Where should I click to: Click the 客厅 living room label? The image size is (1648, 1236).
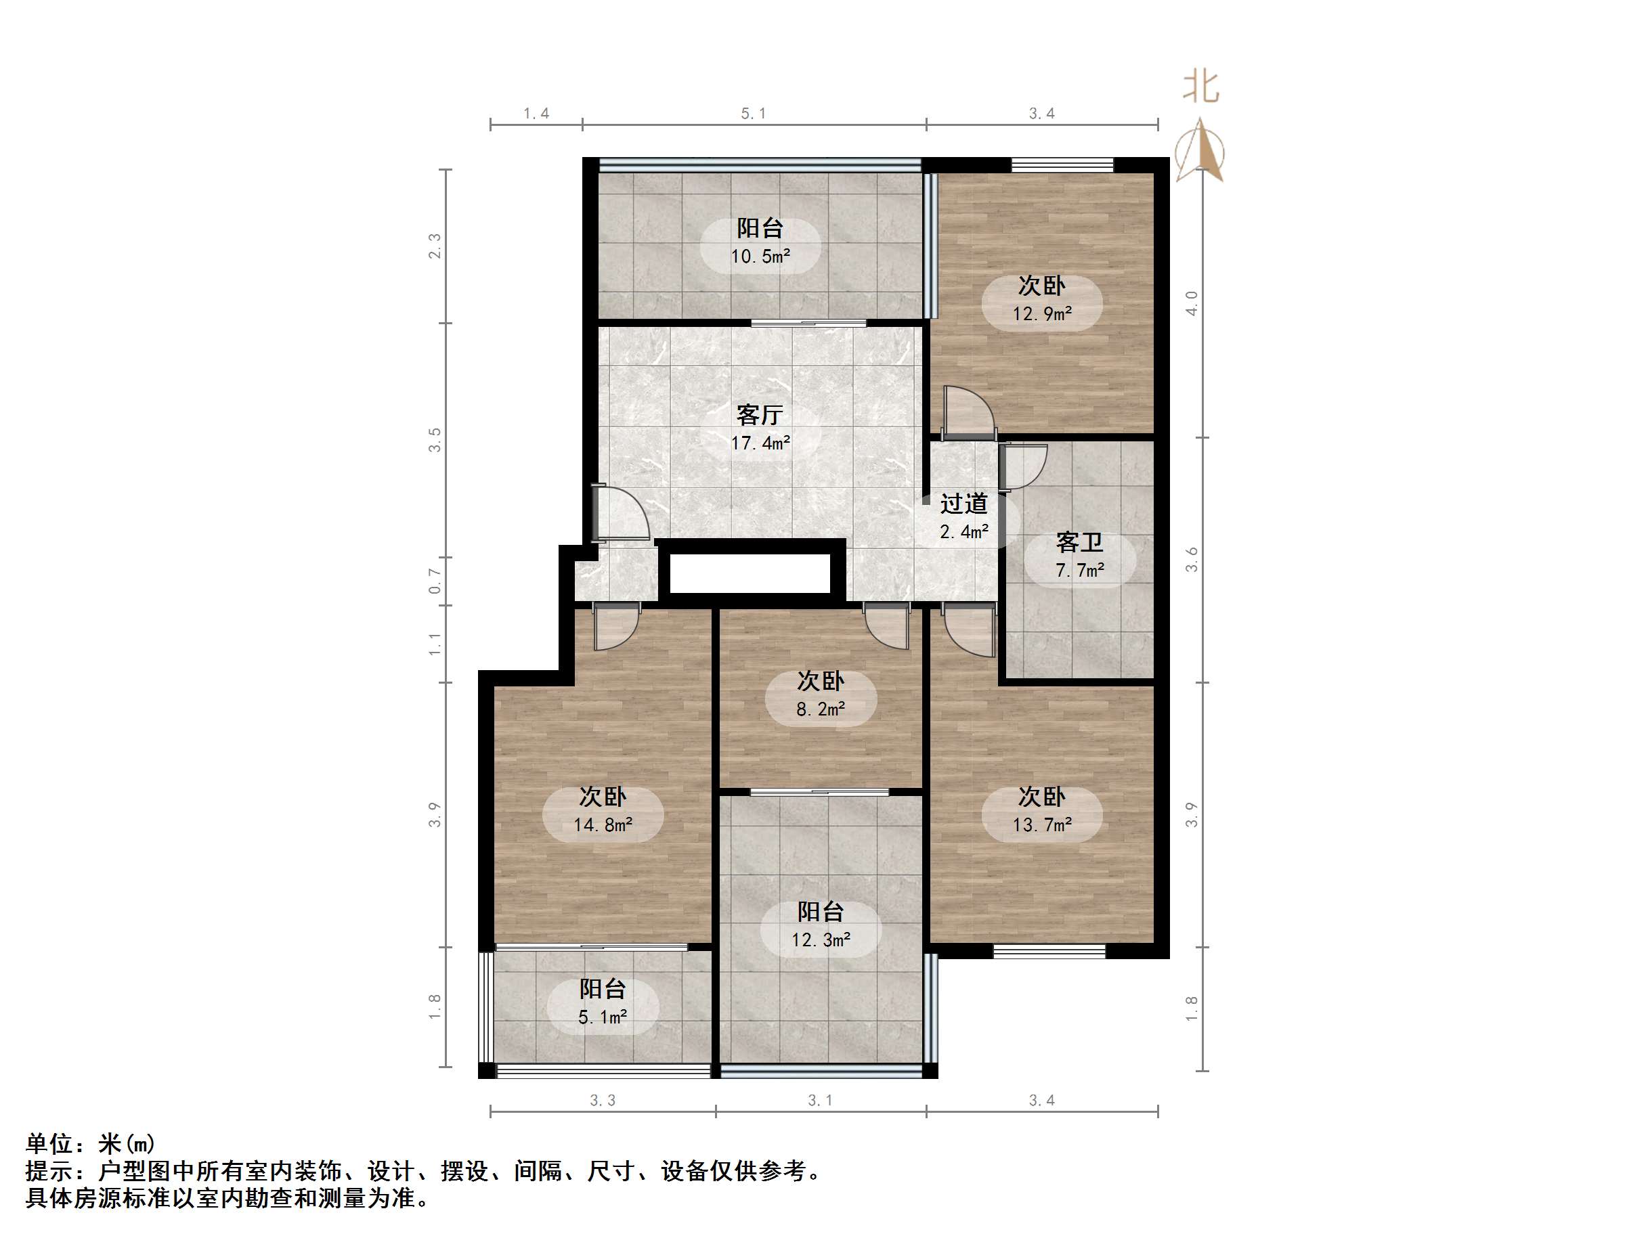point(759,414)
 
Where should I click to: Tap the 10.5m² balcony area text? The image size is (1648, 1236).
point(760,257)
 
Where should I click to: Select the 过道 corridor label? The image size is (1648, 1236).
point(963,504)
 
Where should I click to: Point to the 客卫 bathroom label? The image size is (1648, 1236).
point(1079,542)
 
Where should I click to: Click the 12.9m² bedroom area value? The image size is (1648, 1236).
point(1041,313)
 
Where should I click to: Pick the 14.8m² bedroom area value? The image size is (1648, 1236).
point(603,824)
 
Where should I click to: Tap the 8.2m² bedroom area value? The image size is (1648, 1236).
point(820,709)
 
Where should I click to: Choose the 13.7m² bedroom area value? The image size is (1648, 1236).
point(1041,824)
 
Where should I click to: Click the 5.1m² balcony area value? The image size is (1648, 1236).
point(603,1017)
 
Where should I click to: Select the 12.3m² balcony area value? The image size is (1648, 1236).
point(820,940)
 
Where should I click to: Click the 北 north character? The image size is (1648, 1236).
point(1200,87)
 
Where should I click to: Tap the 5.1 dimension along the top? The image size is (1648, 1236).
point(753,113)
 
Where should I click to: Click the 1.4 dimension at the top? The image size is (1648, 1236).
point(536,113)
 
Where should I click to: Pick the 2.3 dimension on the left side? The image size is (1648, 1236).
point(435,246)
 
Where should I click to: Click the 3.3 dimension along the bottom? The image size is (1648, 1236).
point(602,1101)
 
